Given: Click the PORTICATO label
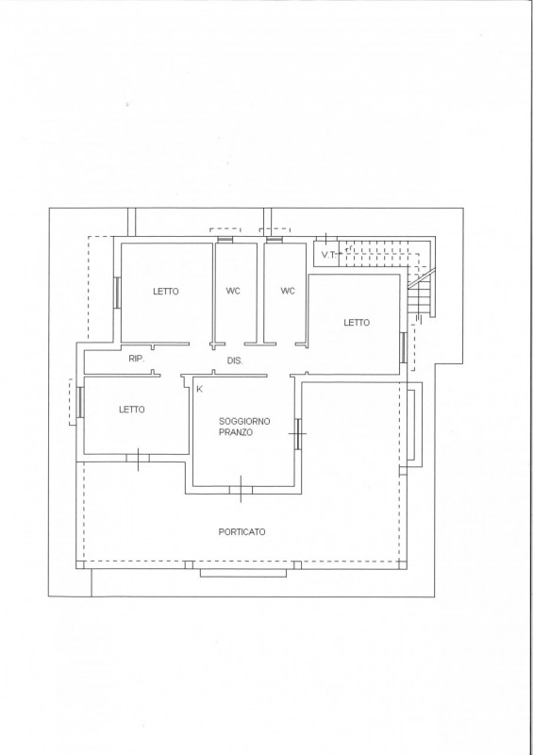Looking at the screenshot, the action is (242, 532).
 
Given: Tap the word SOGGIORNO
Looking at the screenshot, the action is (244, 421).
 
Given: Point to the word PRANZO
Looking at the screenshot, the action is (236, 432).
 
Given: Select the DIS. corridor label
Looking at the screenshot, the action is (235, 361).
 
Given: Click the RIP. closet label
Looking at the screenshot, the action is (136, 359).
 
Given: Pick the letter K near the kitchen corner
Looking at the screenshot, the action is (200, 389).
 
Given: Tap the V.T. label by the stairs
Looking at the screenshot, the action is (329, 255).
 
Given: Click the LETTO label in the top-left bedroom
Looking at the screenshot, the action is (166, 292).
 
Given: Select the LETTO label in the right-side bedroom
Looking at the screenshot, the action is (357, 323).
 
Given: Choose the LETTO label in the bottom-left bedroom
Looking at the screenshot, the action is (131, 410).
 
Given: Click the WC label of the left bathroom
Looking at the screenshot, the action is (233, 291).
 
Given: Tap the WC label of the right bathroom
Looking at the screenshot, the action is (288, 291).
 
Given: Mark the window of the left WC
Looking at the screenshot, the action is (225, 240).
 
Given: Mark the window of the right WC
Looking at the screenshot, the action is (274, 240).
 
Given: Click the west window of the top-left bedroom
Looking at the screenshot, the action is (117, 293).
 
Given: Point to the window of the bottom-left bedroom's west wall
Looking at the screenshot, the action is (80, 402).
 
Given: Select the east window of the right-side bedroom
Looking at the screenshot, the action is (403, 347).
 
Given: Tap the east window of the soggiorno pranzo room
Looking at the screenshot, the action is (298, 434).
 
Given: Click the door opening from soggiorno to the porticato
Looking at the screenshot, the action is (241, 490).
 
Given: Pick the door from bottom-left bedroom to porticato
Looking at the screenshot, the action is (138, 459).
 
